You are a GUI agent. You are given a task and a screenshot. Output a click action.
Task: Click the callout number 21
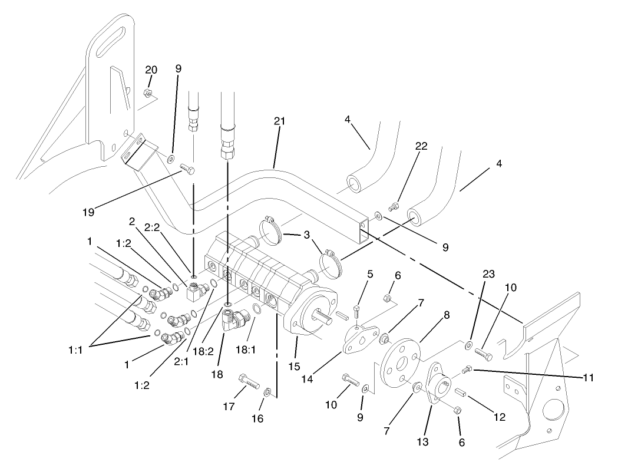pyautogui.click(x=279, y=121)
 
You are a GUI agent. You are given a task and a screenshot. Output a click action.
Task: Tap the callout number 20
pyautogui.click(x=151, y=70)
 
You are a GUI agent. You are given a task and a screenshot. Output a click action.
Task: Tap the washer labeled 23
pyautogui.click(x=469, y=344)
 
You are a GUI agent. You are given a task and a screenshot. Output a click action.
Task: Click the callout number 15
pyautogui.click(x=294, y=367)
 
